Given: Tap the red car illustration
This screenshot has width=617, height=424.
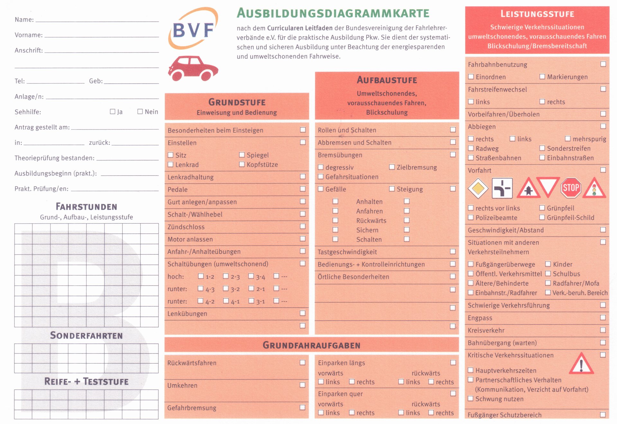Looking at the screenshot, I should [x=193, y=68].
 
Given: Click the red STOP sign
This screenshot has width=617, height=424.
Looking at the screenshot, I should [x=571, y=188].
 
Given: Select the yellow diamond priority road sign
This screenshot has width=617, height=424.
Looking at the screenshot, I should [x=478, y=188].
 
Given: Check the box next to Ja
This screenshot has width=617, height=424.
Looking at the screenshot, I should [x=112, y=112].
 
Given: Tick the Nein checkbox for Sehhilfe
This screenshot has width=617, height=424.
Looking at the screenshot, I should [x=140, y=112].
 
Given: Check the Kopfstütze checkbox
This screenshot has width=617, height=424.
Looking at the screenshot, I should [x=242, y=164].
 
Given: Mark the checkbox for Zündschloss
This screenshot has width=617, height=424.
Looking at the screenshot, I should [x=303, y=226].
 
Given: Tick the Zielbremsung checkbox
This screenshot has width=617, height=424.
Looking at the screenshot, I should [x=392, y=167].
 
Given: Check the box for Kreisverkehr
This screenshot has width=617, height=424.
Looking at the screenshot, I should [x=603, y=330].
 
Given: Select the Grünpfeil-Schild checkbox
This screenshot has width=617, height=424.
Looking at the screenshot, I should [x=542, y=217].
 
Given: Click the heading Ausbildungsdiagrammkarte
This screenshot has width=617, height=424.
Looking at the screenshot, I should [x=333, y=13].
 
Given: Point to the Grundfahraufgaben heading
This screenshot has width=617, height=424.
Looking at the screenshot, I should [x=311, y=345].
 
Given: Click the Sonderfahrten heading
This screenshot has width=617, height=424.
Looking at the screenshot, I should [x=86, y=336].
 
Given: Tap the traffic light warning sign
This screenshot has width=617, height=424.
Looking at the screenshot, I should [x=594, y=188].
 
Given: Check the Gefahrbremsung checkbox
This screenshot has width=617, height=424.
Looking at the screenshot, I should [x=302, y=407].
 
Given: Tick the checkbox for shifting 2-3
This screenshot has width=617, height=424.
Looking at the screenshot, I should [x=226, y=276].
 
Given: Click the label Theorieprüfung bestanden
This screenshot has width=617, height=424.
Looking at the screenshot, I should [x=54, y=158].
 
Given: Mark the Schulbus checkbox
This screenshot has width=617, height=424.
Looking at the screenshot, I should [x=548, y=273].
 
